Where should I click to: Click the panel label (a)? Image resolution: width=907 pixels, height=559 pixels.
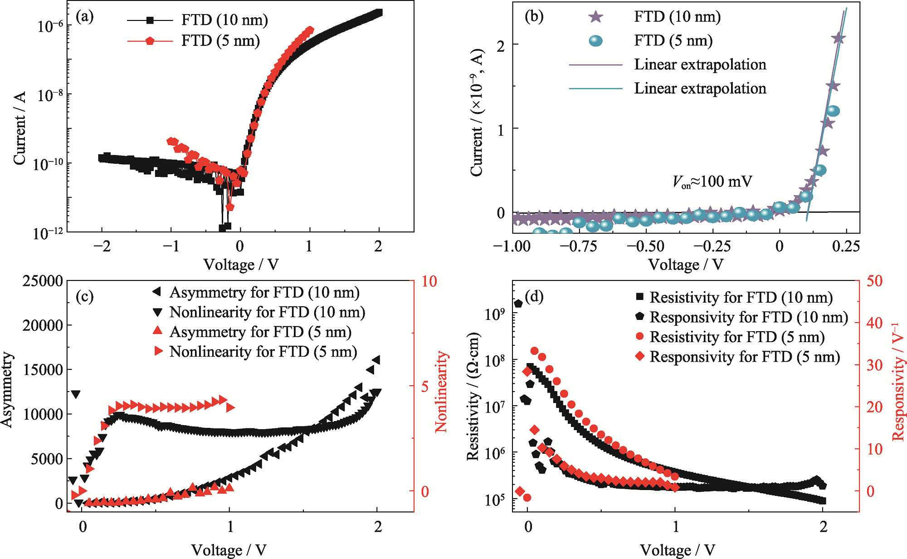(85, 17)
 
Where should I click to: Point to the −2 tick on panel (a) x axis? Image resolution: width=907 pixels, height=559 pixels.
(102, 246)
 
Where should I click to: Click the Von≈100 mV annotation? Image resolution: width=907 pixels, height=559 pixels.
(712, 182)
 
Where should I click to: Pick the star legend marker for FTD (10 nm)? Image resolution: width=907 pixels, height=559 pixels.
(595, 17)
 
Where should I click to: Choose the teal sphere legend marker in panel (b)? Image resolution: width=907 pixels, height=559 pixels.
(595, 41)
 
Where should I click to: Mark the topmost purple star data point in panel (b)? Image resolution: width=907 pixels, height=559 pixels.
(838, 39)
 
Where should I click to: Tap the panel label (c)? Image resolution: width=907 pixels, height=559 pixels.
(85, 296)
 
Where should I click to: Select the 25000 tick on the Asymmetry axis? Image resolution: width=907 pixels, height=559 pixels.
(43, 281)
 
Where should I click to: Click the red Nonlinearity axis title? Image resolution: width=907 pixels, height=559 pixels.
(441, 391)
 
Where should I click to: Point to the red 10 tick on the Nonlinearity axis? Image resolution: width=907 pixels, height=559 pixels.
(429, 281)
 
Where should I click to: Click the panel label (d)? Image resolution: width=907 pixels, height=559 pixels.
(534, 296)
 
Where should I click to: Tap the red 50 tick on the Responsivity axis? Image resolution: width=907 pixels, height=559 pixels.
(875, 281)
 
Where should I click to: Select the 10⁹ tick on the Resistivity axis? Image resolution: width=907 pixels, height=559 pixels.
(495, 314)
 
